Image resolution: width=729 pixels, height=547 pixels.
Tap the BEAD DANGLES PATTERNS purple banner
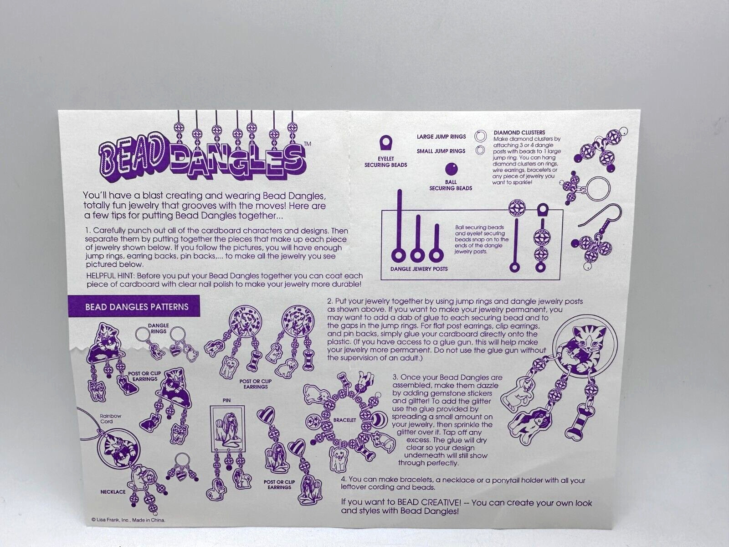pos(134,306)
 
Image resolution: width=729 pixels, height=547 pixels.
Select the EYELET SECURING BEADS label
pos(385,162)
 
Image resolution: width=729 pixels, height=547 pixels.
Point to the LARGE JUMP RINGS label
pos(441,136)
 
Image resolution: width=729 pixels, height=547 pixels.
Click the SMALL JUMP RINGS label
pos(441,151)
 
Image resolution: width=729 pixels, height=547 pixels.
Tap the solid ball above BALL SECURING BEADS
pos(452,169)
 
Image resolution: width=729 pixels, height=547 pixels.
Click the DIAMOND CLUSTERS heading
pos(519,132)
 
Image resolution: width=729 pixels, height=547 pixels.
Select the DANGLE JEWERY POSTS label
pos(419,268)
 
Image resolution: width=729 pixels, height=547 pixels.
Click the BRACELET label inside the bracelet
pos(344,420)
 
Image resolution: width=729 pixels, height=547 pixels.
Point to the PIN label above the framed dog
pos(226,401)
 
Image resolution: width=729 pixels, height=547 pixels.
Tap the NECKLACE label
pos(113,492)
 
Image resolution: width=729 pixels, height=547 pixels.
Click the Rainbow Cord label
pos(111,418)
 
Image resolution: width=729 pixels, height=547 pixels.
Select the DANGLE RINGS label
pos(159,329)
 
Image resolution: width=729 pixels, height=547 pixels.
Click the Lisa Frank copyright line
pos(128,520)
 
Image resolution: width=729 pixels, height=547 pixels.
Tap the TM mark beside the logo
pos(307,144)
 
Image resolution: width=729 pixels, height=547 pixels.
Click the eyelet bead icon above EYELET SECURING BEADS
pos(385,143)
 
